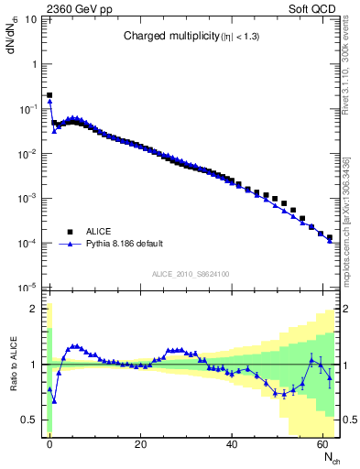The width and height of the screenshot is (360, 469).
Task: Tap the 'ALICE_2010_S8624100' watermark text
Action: tap(191, 274)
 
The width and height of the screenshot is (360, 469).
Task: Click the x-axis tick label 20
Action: tap(140, 445)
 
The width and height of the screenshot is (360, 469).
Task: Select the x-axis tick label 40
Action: tap(231, 445)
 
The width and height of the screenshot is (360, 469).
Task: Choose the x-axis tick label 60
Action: tap(322, 445)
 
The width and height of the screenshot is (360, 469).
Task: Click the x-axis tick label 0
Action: tap(49, 445)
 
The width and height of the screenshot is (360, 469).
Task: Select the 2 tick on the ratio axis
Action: tap(35, 309)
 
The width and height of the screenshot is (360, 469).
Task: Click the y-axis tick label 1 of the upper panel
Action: tap(35, 64)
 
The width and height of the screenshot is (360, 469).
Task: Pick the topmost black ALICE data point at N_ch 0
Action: tap(49, 94)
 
